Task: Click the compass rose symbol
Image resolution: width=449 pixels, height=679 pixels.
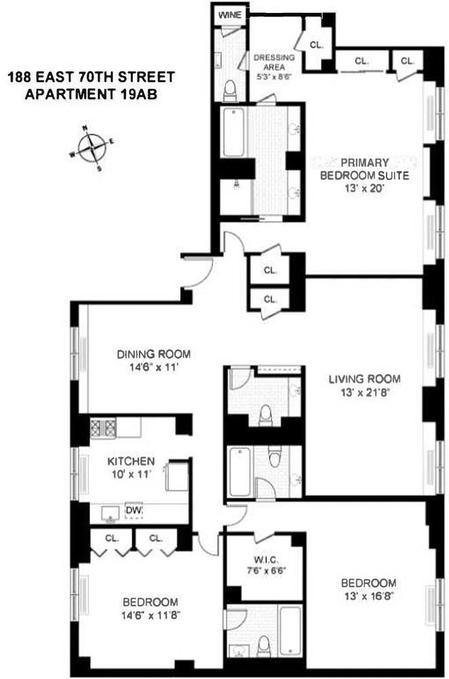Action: pos(91,147)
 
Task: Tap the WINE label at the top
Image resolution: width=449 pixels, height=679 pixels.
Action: pos(230,14)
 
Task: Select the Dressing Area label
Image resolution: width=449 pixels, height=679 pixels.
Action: pos(274,62)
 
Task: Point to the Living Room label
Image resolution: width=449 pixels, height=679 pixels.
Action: pos(365,379)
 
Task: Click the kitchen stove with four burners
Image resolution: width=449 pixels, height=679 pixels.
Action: pos(104,427)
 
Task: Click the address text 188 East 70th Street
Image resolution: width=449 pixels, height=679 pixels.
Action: pos(91,77)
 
